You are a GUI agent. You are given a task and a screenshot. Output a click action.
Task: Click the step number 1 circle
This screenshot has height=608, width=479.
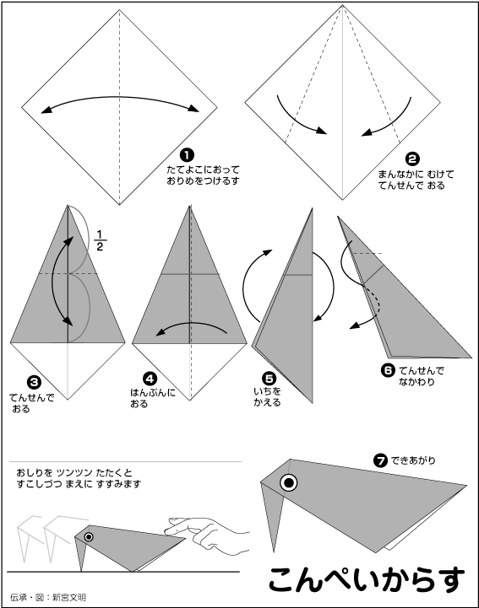(x=187, y=155)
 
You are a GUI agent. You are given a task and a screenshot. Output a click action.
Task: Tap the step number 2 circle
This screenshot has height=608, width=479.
(x=412, y=159)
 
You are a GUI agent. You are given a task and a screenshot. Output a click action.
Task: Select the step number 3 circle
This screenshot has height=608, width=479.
(x=34, y=382)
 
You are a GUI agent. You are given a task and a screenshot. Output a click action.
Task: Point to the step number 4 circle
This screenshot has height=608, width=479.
(x=150, y=379)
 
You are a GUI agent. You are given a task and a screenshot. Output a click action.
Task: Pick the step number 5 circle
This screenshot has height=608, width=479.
(x=269, y=379)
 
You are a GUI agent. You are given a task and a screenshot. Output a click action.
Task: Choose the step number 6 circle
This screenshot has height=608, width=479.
(x=388, y=370)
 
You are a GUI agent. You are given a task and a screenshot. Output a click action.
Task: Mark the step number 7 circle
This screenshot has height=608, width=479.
(x=380, y=460)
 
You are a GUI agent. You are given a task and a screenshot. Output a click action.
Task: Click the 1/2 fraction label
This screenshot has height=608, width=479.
(x=100, y=241)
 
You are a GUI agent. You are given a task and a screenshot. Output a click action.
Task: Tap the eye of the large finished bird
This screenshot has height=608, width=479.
(x=289, y=482)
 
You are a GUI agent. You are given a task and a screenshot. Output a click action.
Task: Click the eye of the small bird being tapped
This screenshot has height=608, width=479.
(x=89, y=537)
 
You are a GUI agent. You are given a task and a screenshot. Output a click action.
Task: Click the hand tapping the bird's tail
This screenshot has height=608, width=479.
(x=206, y=533)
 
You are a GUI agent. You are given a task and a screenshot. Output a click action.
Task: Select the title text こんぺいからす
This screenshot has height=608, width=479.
(x=367, y=580)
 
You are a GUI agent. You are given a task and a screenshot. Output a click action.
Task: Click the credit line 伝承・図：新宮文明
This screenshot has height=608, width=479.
(x=48, y=598)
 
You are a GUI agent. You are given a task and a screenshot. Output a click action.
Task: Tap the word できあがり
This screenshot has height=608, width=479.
(x=413, y=460)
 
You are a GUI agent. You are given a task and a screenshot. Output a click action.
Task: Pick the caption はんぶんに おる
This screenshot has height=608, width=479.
(x=152, y=398)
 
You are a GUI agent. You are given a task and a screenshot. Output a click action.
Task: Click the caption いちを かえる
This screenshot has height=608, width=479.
(x=267, y=397)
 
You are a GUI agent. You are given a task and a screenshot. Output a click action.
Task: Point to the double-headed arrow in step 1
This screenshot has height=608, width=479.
(x=120, y=97)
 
